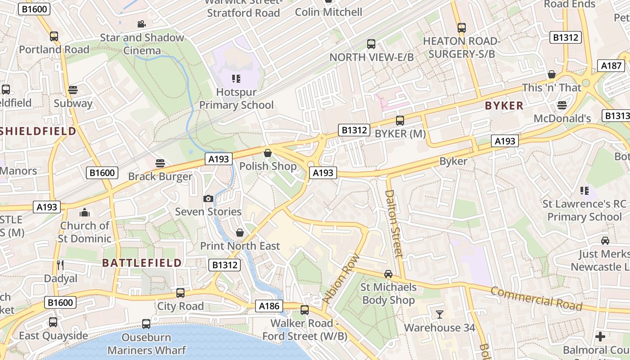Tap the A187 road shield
click(611, 66)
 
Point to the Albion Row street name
click(341, 278)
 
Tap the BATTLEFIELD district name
click(142, 263)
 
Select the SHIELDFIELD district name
click(38, 131)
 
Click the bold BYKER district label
click(504, 106)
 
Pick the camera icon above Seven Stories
click(208, 198)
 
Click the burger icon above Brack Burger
click(160, 163)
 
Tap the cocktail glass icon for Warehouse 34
click(439, 314)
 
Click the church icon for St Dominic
click(85, 212)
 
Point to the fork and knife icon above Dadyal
click(60, 265)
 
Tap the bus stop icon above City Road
click(180, 293)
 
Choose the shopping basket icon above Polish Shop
click(268, 153)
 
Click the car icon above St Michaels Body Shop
click(388, 274)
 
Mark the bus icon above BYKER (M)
click(400, 121)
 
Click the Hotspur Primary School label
click(236, 99)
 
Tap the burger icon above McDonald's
click(561, 105)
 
